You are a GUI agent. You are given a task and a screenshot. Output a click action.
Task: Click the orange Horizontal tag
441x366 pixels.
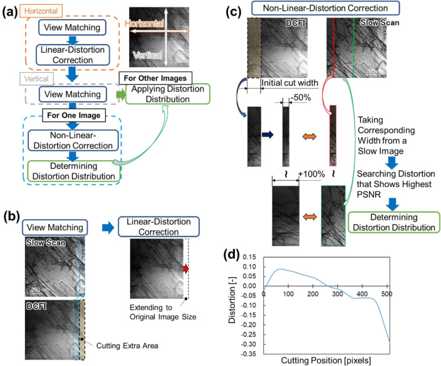23,11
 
